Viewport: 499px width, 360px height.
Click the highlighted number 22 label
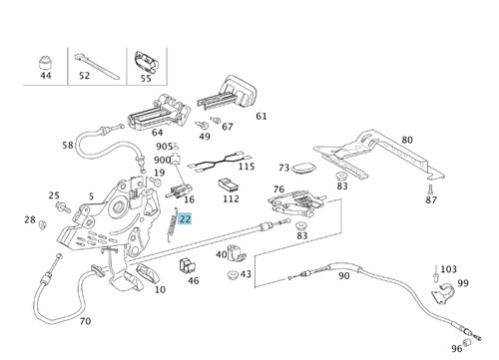[185, 219]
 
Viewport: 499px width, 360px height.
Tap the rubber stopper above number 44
[45, 62]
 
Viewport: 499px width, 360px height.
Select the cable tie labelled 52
[97, 66]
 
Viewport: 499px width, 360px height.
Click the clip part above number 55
[146, 63]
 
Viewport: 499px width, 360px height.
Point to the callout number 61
[261, 116]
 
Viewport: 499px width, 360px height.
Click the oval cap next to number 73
[303, 168]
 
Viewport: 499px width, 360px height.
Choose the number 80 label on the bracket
[407, 140]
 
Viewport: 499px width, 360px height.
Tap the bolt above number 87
[430, 189]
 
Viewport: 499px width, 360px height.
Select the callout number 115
[247, 167]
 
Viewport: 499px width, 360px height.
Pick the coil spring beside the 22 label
[172, 224]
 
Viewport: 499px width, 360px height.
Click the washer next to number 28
[43, 224]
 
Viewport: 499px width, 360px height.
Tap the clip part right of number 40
[237, 253]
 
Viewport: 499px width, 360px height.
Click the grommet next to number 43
[233, 274]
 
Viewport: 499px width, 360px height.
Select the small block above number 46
[188, 266]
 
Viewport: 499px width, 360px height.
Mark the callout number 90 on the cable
[343, 276]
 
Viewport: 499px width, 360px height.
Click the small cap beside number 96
[467, 342]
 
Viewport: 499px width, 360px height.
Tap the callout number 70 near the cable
[85, 321]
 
